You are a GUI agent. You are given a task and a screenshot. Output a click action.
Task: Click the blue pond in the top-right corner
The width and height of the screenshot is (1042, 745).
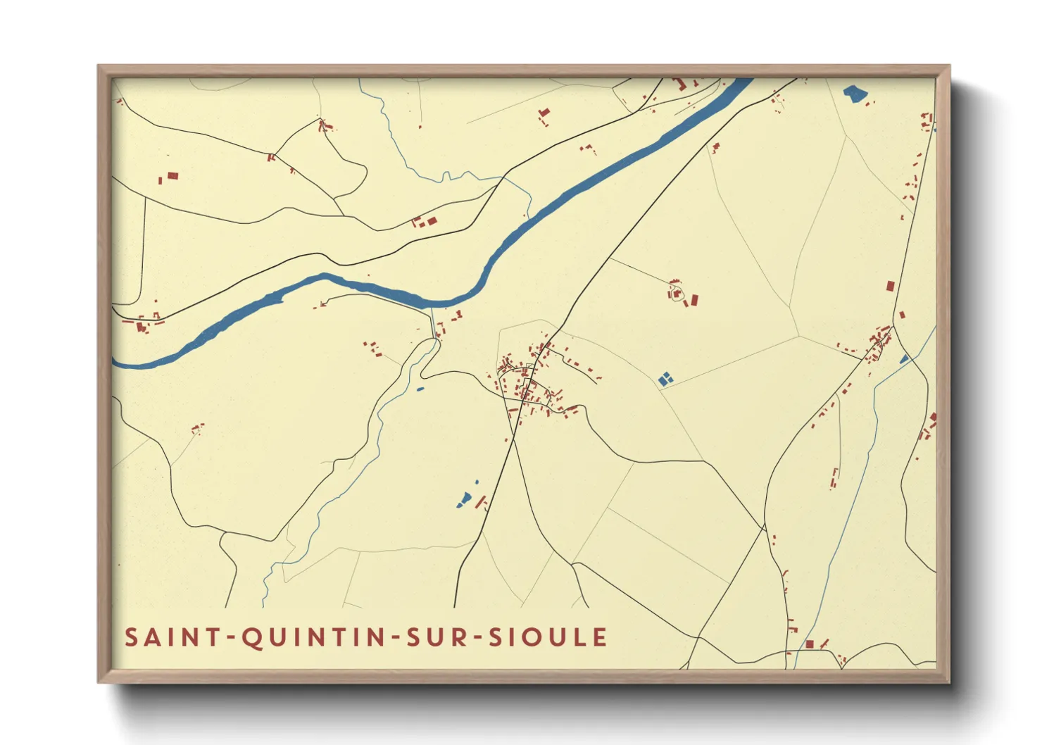(x=853, y=93)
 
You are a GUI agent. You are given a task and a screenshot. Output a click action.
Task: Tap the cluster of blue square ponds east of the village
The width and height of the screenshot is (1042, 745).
(x=665, y=379)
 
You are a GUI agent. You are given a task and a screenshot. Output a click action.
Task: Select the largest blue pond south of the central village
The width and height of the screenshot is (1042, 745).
(x=464, y=499)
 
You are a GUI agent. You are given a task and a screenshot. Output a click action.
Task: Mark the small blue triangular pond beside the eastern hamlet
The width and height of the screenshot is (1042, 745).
(x=905, y=360)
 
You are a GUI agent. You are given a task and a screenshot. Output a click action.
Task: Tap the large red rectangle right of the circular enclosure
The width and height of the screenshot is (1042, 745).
(x=693, y=300)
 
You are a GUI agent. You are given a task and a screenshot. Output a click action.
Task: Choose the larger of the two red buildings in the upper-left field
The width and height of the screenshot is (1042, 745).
(x=172, y=176)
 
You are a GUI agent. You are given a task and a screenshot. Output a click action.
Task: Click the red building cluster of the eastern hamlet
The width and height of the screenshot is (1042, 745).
(x=879, y=343)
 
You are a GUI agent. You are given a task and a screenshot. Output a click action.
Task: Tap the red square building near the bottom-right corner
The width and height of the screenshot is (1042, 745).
(x=810, y=644)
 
